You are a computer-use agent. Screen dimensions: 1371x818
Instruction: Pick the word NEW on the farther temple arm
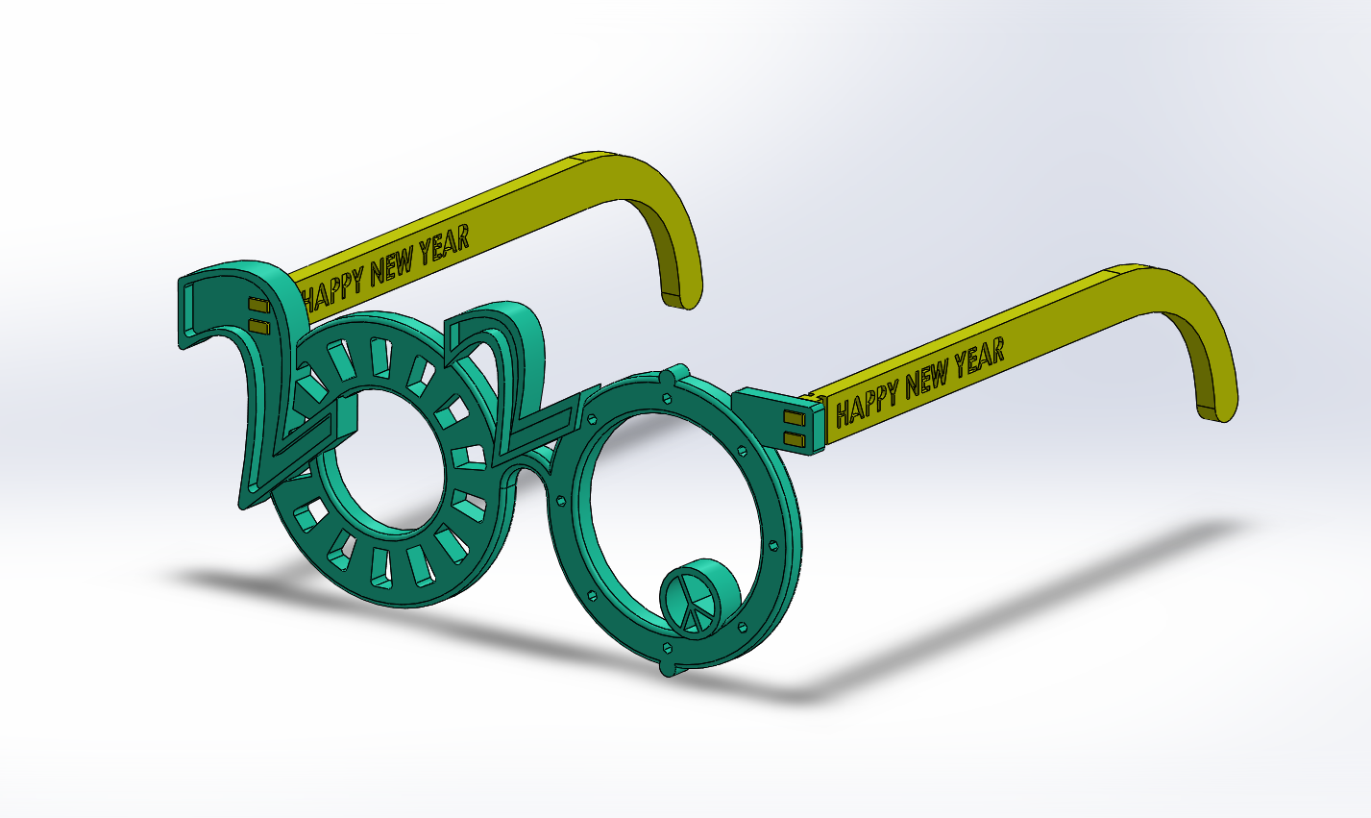tap(392, 263)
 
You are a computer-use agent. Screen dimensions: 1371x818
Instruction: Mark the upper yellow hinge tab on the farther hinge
tap(258, 305)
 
